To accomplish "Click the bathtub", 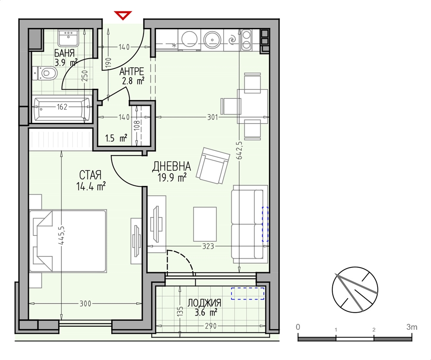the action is pyautogui.click(x=62, y=107).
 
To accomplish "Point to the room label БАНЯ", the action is pyautogui.click(x=64, y=53).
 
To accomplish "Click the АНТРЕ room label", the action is pyautogui.click(x=131, y=72).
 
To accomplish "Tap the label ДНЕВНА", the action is pyautogui.click(x=172, y=166).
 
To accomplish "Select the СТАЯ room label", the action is pyautogui.click(x=90, y=175).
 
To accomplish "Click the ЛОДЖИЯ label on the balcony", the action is pyautogui.click(x=204, y=303).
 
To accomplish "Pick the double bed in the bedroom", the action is pyautogui.click(x=68, y=241).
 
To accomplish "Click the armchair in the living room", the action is pyautogui.click(x=213, y=166).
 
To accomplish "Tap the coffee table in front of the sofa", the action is pyautogui.click(x=205, y=224).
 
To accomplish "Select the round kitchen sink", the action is pyautogui.click(x=212, y=40).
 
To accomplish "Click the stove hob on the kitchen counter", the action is pyautogui.click(x=246, y=39).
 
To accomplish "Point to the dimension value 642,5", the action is pyautogui.click(x=239, y=150).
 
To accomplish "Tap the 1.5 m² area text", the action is pyautogui.click(x=116, y=138).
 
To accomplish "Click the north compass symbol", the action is pyautogui.click(x=355, y=290).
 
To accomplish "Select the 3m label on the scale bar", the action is pyautogui.click(x=412, y=327).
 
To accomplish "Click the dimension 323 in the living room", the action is pyautogui.click(x=208, y=246).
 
